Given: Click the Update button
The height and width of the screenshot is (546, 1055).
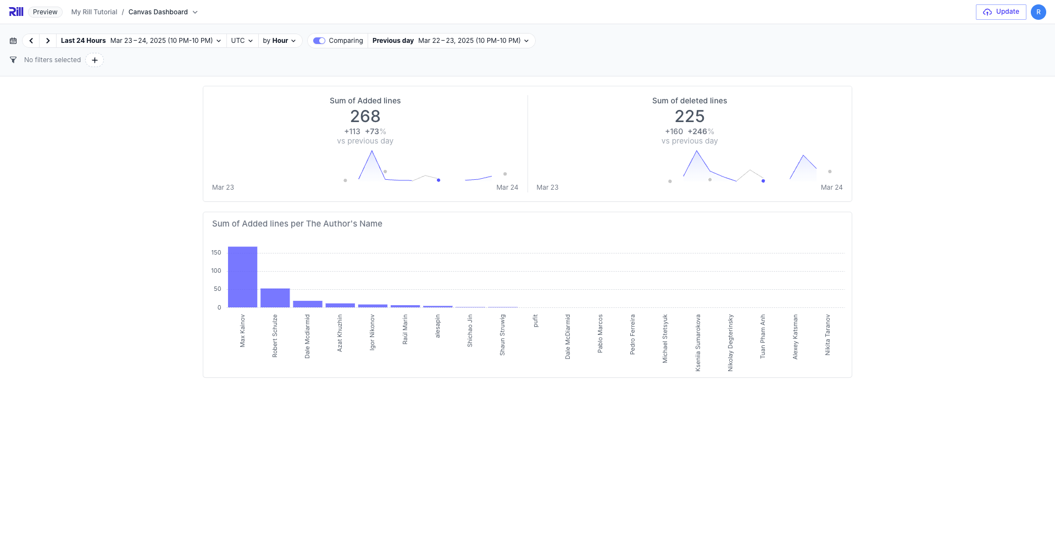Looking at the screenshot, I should [1001, 12].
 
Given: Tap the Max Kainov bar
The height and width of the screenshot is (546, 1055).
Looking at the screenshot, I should [242, 277].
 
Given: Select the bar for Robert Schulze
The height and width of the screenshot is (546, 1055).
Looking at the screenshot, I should [275, 297].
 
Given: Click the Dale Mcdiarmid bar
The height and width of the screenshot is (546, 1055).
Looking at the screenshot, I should [307, 304].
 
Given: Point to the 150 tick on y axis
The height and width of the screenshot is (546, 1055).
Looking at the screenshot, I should [216, 253].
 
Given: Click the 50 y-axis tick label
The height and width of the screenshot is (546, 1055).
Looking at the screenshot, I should [218, 289].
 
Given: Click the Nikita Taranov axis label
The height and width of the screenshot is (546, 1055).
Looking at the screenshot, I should [828, 335].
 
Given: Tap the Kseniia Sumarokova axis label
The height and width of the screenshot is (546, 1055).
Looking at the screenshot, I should [698, 343].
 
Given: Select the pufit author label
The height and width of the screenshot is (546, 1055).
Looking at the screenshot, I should [535, 321].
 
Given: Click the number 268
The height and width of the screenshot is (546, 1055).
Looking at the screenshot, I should [365, 117].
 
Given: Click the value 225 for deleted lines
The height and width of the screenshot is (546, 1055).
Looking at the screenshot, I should [689, 117].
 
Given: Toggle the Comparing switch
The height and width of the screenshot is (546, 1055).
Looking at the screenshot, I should [319, 41].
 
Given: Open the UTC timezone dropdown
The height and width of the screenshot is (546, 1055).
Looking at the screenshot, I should [242, 41].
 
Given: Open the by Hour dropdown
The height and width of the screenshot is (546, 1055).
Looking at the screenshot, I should [279, 41].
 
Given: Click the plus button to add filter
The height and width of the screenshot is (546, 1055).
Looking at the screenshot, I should [95, 60].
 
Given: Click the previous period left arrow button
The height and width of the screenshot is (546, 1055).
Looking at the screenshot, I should [31, 41].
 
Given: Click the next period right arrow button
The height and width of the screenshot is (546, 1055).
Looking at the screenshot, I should [48, 41].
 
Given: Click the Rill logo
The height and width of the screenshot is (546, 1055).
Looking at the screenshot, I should [16, 12].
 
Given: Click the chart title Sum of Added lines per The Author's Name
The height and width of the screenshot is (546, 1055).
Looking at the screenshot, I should [297, 224].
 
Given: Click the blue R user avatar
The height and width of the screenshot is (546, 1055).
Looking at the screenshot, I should [1038, 12].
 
